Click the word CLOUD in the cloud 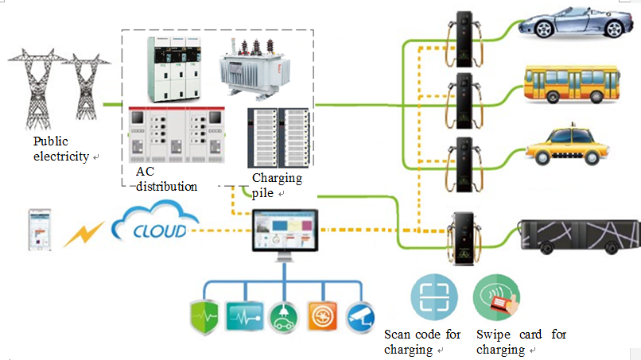161,231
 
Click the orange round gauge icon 321,316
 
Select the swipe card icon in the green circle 497,297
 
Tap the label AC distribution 165,179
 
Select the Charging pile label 277,185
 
